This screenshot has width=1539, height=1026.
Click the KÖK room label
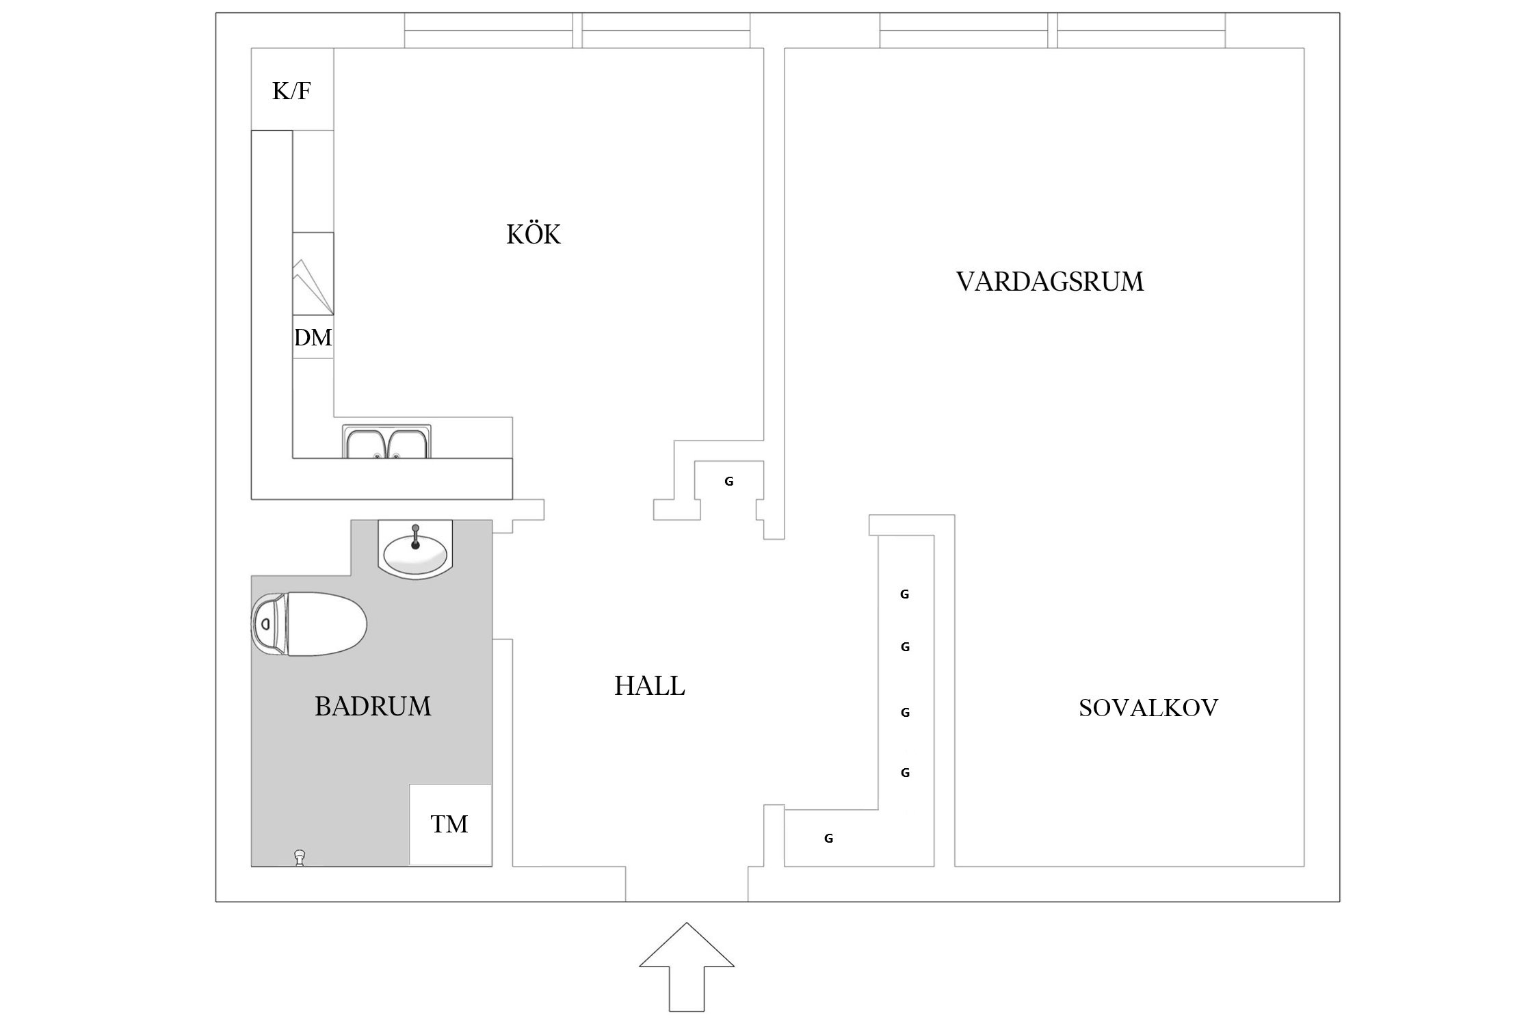click(534, 235)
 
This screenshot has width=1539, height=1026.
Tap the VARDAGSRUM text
click(1049, 282)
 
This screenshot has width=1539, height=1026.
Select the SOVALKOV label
click(1148, 707)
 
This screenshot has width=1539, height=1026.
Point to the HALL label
click(649, 686)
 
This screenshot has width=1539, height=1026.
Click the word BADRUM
click(373, 706)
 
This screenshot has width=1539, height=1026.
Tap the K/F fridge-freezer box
click(292, 90)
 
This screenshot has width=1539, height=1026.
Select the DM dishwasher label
click(313, 338)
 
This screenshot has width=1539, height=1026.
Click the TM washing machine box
click(449, 824)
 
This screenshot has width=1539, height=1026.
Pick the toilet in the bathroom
click(321, 624)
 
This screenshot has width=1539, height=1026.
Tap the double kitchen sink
click(387, 443)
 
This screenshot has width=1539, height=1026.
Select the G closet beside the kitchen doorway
click(728, 482)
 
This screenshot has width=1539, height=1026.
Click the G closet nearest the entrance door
click(828, 839)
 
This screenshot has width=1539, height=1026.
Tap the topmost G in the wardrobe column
click(904, 595)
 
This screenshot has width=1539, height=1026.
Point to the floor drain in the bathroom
click(299, 856)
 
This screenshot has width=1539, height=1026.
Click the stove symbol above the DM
click(313, 274)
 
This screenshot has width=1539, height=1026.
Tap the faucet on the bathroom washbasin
click(415, 537)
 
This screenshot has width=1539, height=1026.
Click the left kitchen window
click(488, 31)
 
